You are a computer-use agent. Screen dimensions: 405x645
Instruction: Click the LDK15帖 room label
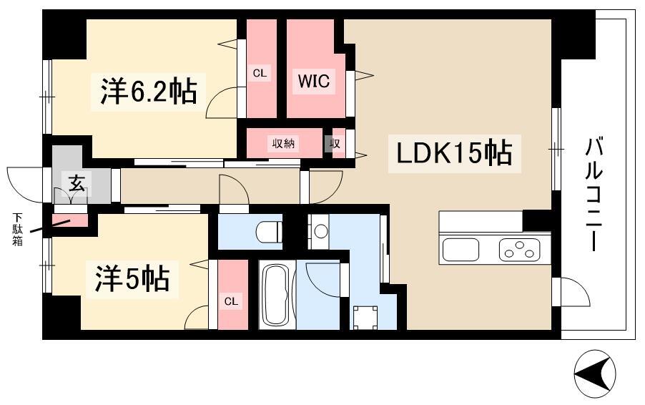click(450, 152)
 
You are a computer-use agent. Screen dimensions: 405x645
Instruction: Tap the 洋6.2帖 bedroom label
click(148, 91)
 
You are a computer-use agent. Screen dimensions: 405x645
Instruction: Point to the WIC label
click(314, 82)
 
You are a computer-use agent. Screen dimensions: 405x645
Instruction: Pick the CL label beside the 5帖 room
click(231, 301)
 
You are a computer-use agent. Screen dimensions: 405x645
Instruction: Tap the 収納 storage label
click(283, 143)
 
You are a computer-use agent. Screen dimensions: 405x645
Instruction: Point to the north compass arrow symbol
click(595, 374)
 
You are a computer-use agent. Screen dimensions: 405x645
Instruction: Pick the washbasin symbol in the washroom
click(320, 230)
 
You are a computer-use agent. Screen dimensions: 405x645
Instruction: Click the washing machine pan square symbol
click(365, 317)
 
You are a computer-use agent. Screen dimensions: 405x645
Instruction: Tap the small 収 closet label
click(335, 143)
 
